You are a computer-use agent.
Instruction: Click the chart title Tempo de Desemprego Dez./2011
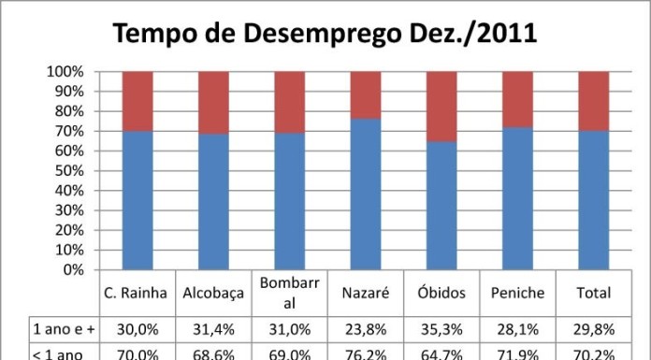click(325, 34)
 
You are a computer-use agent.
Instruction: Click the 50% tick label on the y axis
click(67, 171)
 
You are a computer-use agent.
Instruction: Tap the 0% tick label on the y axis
click(71, 270)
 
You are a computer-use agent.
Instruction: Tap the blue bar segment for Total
click(594, 200)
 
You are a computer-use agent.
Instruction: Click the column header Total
click(594, 293)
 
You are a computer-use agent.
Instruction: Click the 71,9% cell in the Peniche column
click(517, 353)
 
